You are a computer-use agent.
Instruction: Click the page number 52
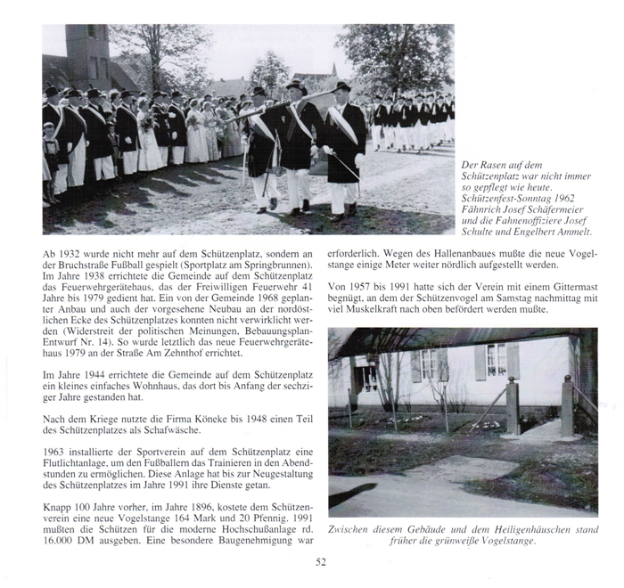[x=320, y=560]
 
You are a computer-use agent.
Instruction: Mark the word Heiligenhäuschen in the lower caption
[x=520, y=529]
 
